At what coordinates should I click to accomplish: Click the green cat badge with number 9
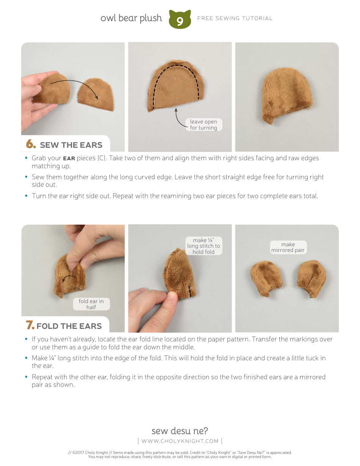point(180,20)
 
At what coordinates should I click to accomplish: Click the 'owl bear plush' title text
point(131,18)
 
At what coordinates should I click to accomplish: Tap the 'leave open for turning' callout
point(203,125)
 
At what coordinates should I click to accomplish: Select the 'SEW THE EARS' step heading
point(71,145)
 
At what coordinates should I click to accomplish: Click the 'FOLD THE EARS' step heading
point(69,326)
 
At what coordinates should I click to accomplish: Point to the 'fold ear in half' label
point(91,304)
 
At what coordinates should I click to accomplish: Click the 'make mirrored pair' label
point(288,247)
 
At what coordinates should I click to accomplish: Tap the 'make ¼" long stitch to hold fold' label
point(203,246)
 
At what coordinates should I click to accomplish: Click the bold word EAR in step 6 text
point(69,158)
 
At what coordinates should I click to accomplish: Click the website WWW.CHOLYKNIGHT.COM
point(180,441)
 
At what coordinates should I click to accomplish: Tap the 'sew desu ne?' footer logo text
point(180,431)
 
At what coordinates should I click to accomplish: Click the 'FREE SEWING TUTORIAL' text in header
point(235,18)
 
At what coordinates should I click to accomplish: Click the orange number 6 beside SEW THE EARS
point(31,144)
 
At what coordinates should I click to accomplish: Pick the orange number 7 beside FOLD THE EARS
point(30,325)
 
